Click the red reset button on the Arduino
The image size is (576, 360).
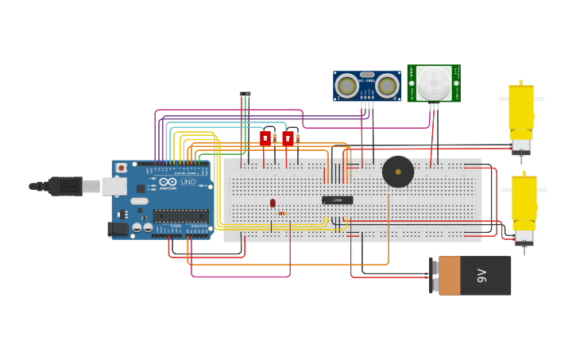tap(121, 168)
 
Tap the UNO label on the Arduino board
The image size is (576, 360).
tap(187, 182)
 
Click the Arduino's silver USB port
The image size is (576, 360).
tap(114, 187)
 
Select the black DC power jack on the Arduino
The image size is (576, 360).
tap(117, 229)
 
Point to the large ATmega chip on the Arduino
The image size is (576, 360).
tap(180, 216)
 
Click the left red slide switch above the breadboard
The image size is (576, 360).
tap(265, 138)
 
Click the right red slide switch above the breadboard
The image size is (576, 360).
tap(288, 138)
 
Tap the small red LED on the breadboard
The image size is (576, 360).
tap(273, 203)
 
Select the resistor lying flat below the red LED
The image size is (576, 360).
tap(283, 213)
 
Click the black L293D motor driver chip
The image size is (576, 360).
tap(337, 200)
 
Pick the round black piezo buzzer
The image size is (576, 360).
tap(397, 172)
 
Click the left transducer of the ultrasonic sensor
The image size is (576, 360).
tap(346, 85)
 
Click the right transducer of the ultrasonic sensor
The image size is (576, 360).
tap(387, 85)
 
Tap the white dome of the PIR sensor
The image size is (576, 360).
tap(434, 82)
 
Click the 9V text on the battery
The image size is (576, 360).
tap(481, 276)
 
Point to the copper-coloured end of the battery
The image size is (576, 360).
tap(449, 276)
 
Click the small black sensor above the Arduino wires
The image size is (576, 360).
tap(245, 94)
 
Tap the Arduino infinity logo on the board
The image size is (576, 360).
tap(168, 182)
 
